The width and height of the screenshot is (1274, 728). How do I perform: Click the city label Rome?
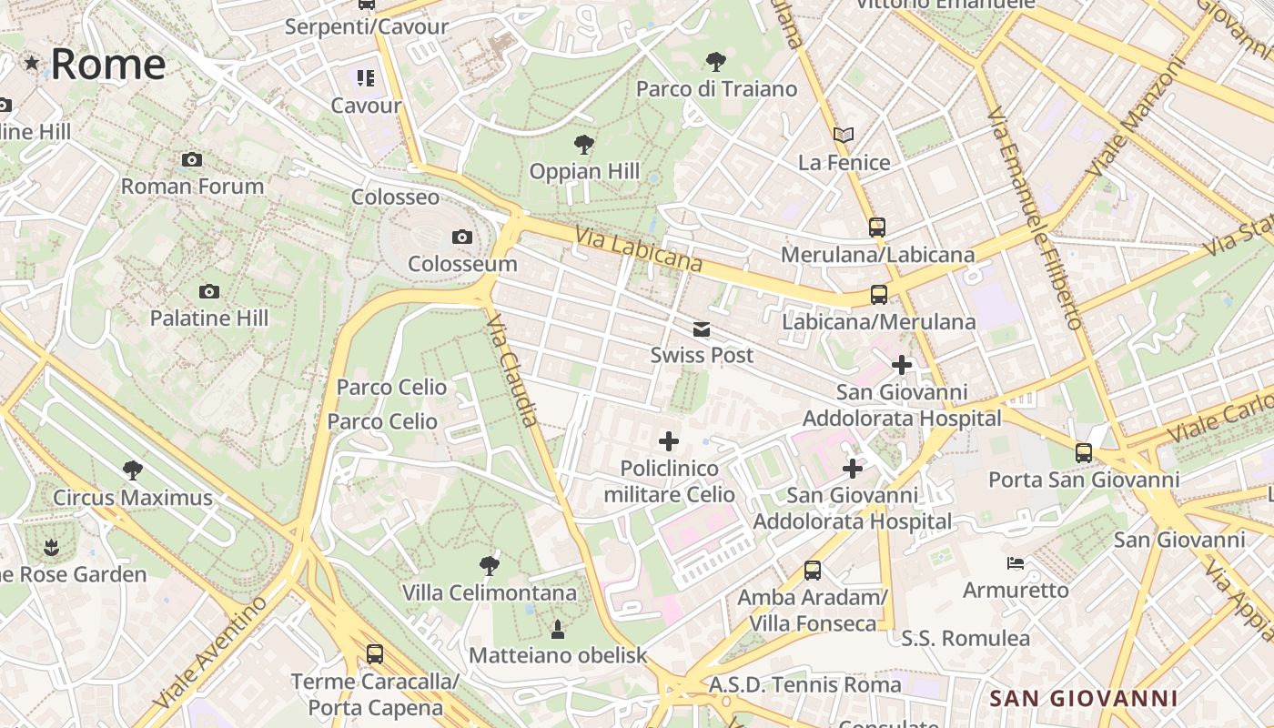point(108,65)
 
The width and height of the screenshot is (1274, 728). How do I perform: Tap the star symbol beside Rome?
point(32,63)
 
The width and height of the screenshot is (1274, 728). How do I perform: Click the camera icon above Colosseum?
point(462,238)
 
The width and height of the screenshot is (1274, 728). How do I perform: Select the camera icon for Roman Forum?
point(192,160)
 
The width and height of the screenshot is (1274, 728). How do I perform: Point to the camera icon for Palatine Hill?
point(209,292)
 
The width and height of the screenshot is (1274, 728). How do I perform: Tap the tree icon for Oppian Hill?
point(584,145)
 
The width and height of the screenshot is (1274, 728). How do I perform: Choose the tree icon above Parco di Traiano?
point(716,62)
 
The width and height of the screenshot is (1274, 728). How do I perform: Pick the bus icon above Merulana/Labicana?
point(877,227)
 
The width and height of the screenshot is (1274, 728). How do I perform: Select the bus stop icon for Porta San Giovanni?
point(1084,452)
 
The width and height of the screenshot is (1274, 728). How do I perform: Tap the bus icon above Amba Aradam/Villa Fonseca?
point(813,571)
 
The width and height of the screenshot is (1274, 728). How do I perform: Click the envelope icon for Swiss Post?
point(702,329)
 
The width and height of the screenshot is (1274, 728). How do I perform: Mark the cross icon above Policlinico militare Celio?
point(669,442)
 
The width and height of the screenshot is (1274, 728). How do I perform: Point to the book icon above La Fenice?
point(844,136)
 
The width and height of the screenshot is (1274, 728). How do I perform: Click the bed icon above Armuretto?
point(1016,563)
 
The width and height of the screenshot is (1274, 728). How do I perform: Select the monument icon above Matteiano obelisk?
point(558,629)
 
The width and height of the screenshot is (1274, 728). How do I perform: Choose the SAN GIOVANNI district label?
point(1084,699)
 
